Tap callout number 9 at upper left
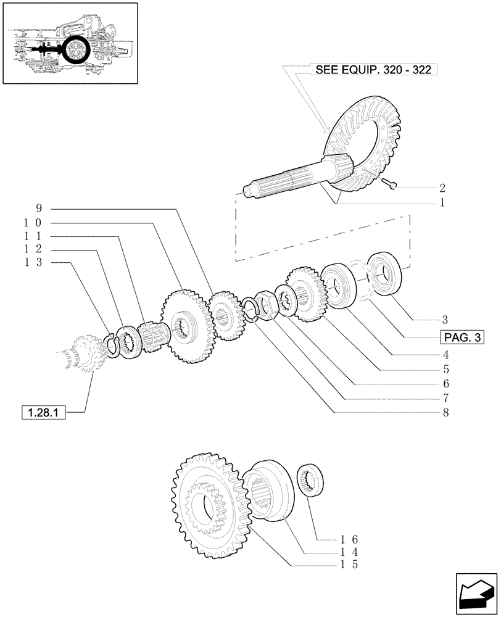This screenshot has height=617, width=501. pos(38,208)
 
